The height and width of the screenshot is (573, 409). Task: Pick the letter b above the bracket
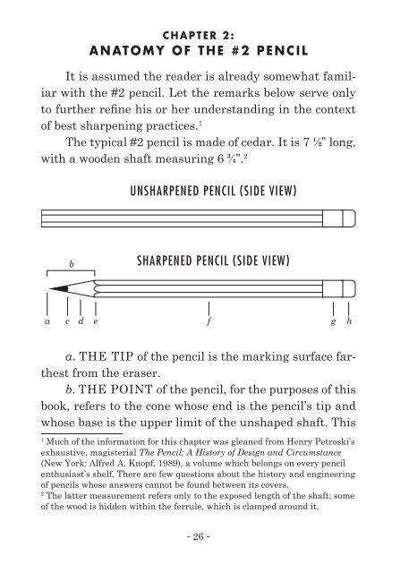pos(71,264)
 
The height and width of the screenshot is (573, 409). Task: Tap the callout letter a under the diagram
pos(47,320)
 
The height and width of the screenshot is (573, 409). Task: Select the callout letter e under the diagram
pos(95,320)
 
